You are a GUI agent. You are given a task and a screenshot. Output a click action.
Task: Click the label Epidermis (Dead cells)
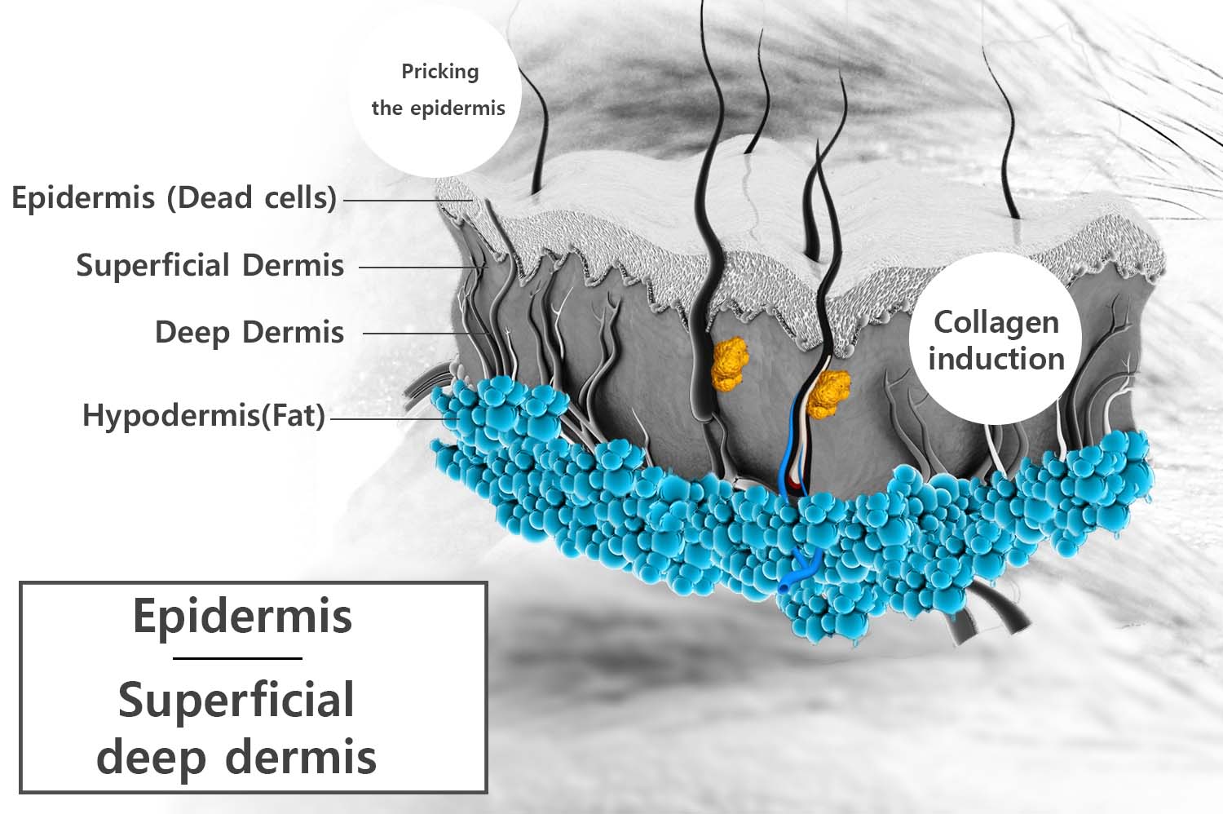click(174, 197)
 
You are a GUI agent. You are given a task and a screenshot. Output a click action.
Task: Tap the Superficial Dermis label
click(210, 266)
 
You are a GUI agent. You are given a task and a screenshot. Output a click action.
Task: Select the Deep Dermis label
click(249, 333)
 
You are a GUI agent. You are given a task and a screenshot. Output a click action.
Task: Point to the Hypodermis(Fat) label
click(204, 415)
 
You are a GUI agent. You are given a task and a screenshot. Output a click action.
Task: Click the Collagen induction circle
click(996, 338)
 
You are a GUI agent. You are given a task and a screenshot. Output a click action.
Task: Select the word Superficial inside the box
click(236, 701)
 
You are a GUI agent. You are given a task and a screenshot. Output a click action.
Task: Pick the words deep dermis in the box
click(236, 758)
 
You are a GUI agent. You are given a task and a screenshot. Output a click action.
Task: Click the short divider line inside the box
click(237, 658)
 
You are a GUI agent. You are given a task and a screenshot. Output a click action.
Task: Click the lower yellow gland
click(828, 393)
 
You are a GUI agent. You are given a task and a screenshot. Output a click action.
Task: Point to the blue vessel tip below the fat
click(784, 586)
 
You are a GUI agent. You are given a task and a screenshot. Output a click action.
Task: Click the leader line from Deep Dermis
click(426, 334)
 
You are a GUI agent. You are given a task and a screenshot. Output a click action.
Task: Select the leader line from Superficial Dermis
click(422, 268)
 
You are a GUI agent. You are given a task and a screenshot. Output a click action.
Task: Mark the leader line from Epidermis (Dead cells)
click(408, 201)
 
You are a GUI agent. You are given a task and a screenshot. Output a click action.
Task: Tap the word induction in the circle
click(996, 359)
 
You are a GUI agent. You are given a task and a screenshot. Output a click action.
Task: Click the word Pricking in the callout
click(440, 72)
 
